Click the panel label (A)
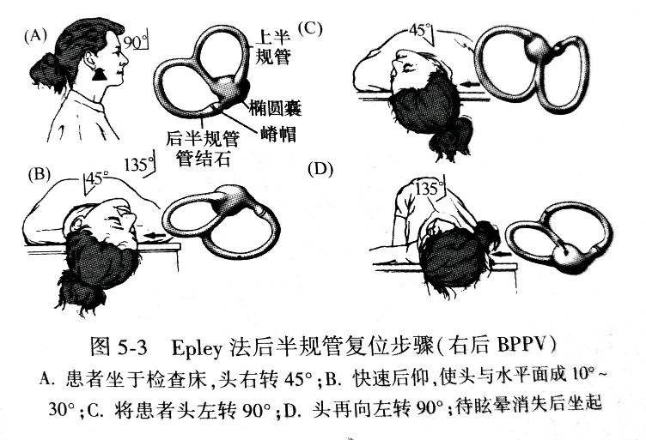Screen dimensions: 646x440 click(x=34, y=37)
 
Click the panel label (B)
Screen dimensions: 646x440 click(x=40, y=174)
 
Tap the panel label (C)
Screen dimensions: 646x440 click(x=310, y=28)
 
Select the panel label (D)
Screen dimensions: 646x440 click(x=320, y=170)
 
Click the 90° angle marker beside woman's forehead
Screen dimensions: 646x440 click(x=136, y=41)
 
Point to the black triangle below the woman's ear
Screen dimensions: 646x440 click(x=100, y=75)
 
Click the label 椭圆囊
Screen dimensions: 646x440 click(x=275, y=108)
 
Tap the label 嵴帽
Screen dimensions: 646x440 click(x=278, y=134)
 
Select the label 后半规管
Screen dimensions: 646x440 click(x=202, y=139)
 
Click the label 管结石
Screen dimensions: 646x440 click(x=203, y=159)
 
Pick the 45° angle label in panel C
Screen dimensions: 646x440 click(x=422, y=30)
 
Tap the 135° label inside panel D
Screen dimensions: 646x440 click(x=430, y=188)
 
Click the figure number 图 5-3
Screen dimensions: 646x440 click(x=119, y=347)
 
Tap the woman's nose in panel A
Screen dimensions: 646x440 click(x=124, y=61)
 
